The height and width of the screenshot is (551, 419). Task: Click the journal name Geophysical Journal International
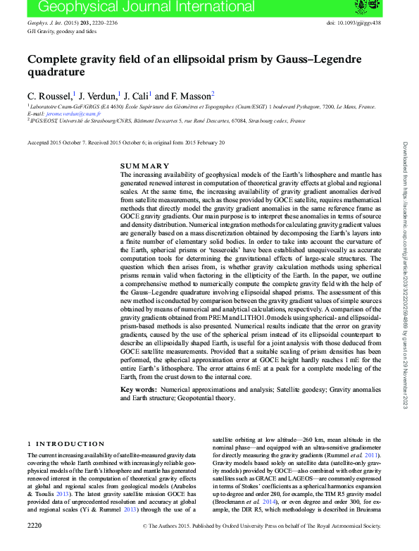point(112,8)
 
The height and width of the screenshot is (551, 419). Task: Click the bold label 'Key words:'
point(138,390)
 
